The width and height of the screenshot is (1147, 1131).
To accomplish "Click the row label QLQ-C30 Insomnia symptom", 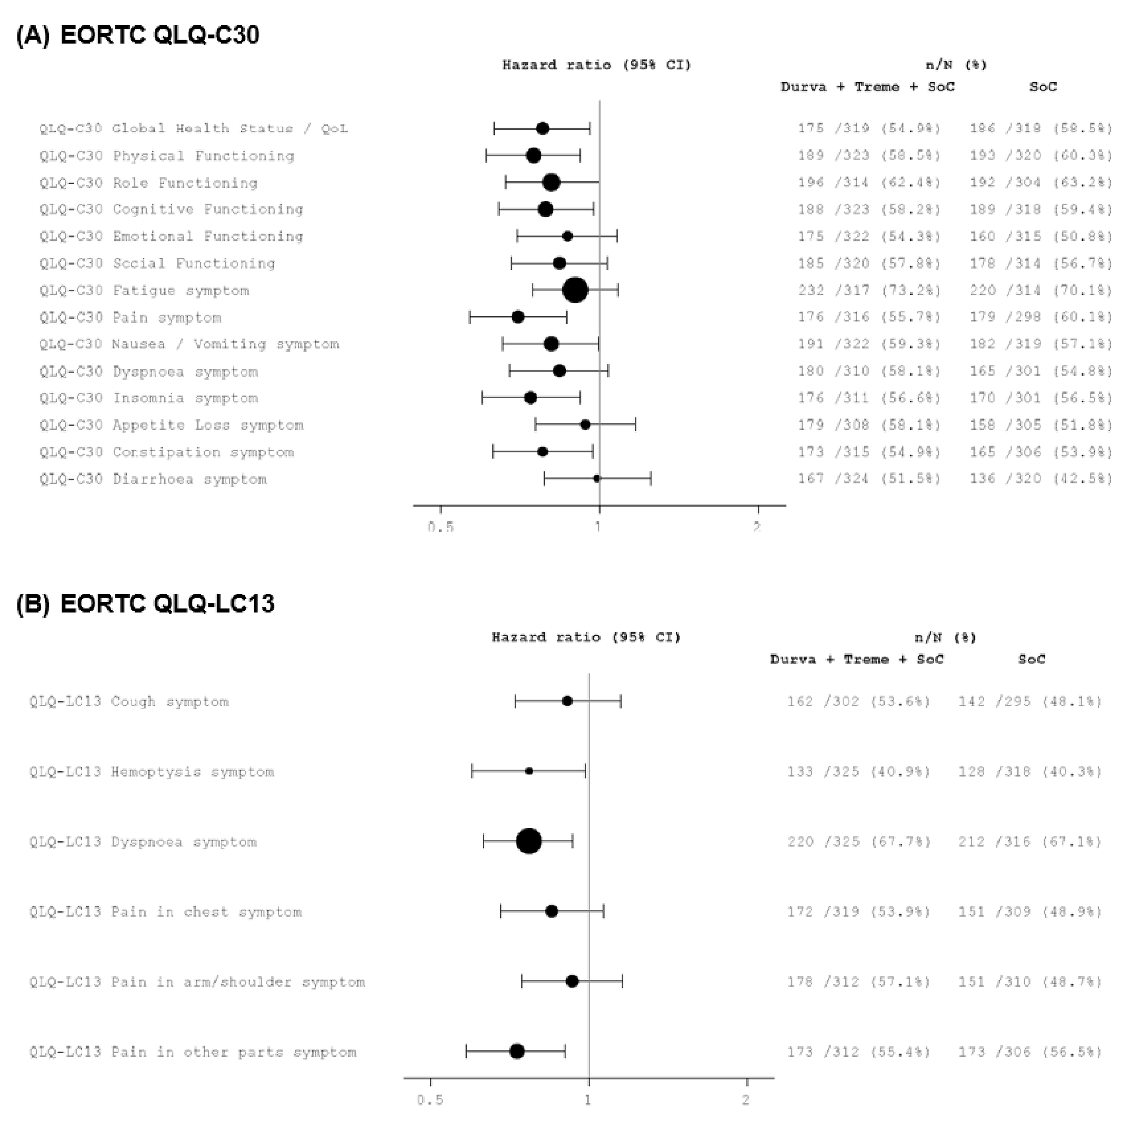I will click(149, 398).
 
